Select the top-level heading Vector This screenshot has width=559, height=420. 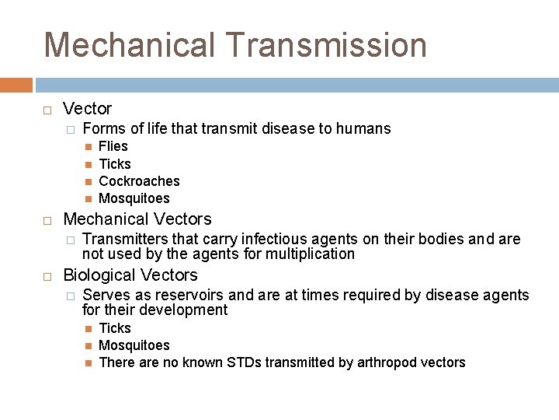pos(87,109)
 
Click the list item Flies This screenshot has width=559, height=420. pos(113,146)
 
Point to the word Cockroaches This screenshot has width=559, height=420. pos(139,181)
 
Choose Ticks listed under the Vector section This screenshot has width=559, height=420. pos(115,164)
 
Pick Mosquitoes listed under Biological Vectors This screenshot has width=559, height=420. pos(134,345)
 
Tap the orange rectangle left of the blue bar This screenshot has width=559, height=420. pos(16,85)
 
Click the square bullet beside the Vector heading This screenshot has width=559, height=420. pos(47,110)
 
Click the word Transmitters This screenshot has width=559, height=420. pos(120,239)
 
